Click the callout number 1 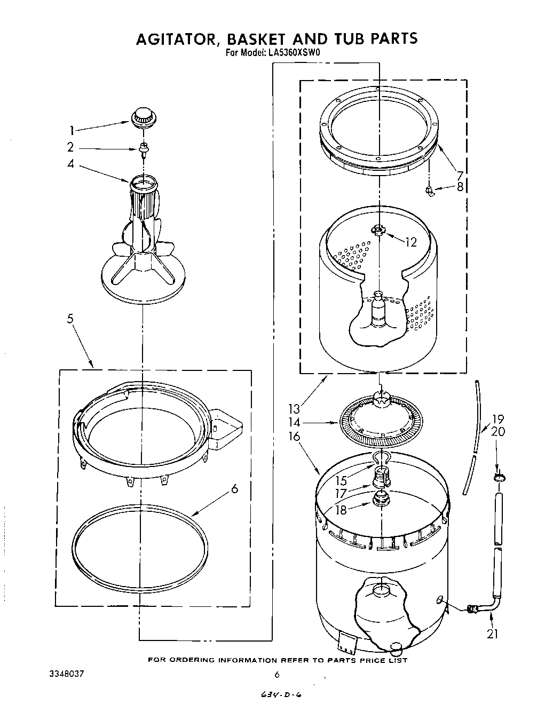[72, 130]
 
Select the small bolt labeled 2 [143, 149]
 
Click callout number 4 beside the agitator [70, 164]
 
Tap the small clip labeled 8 [429, 189]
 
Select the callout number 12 [410, 242]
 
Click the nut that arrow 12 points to [378, 231]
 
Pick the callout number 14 [295, 423]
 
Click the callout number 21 [493, 634]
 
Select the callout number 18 [339, 510]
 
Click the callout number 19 [497, 420]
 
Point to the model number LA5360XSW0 [290, 52]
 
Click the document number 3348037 [66, 674]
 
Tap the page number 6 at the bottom [277, 675]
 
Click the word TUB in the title [333, 39]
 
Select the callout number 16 [295, 437]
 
